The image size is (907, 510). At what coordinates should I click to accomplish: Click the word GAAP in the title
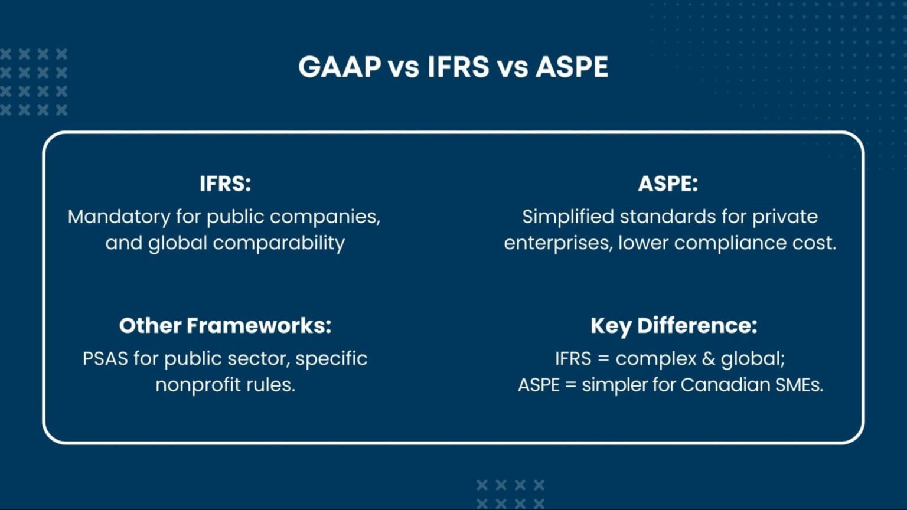click(340, 67)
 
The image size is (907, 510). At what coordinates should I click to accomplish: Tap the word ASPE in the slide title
click(572, 67)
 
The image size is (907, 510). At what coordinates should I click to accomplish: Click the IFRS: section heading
click(225, 184)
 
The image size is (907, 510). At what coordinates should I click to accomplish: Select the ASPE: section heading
click(668, 184)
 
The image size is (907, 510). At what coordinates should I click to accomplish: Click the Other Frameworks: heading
click(225, 325)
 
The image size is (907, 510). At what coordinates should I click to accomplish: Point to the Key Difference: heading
click(674, 325)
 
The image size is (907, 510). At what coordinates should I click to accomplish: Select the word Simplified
click(568, 217)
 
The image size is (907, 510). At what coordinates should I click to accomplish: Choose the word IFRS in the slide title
click(458, 67)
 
